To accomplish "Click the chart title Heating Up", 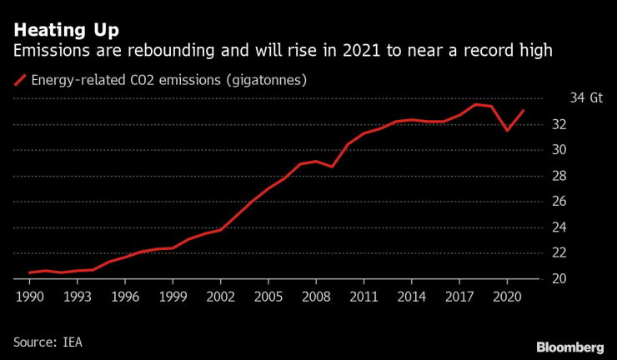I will tap(66, 30).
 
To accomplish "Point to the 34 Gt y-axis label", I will tap(585, 98).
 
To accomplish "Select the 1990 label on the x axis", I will tap(30, 296).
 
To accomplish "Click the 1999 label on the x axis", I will tap(172, 296).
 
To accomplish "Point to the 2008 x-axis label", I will tap(314, 296).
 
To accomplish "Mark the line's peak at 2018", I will tap(474, 104).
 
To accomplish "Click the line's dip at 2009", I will tap(332, 167).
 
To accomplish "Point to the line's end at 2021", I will tap(523, 111).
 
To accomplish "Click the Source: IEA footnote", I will tap(48, 342).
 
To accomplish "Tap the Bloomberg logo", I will tap(569, 346).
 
